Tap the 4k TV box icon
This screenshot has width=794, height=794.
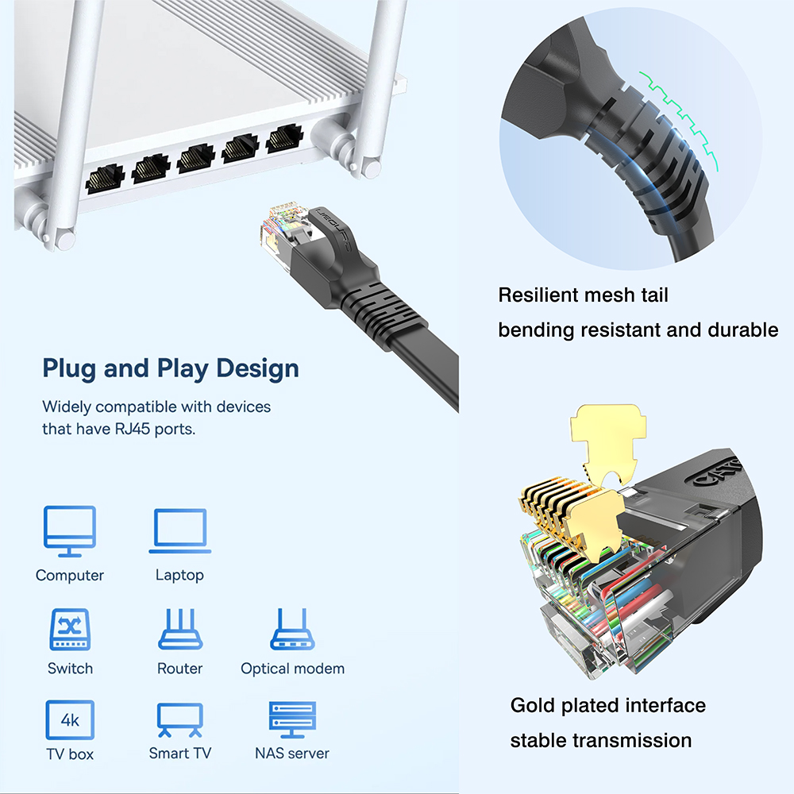70,720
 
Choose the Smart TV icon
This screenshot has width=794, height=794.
180,720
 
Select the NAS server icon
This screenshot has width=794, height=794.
292,720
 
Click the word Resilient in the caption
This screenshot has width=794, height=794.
538,295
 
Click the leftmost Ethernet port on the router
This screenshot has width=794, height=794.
105,179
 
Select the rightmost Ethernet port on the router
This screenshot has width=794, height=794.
283,140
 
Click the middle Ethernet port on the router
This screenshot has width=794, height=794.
195,160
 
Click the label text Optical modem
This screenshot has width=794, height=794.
292,669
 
